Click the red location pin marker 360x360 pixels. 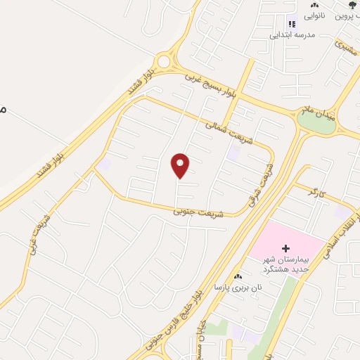tap(181, 166)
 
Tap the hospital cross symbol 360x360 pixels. tap(285, 248)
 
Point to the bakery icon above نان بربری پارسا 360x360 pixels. tap(238, 276)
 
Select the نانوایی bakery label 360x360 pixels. tap(314, 15)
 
